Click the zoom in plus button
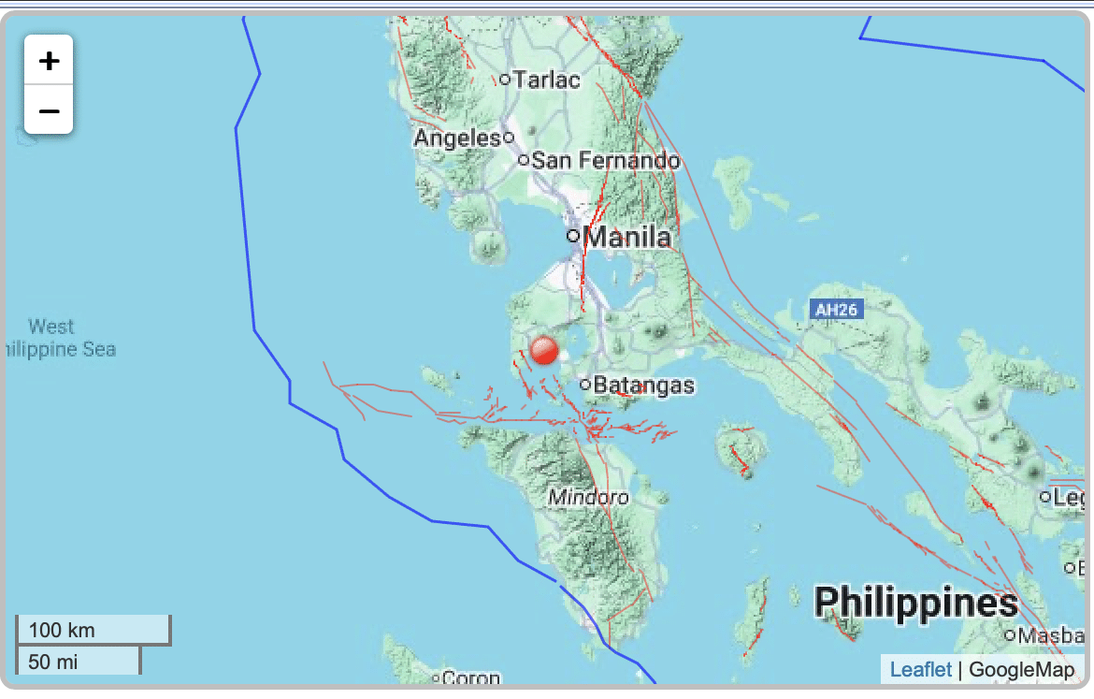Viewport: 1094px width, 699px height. tap(49, 61)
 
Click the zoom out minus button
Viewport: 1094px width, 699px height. tap(49, 110)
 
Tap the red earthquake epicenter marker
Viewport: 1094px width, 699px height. tap(543, 351)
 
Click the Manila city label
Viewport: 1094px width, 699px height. tap(626, 237)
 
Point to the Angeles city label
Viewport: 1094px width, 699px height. tap(457, 138)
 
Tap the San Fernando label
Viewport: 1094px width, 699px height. tap(605, 161)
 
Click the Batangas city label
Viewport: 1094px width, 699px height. tap(644, 385)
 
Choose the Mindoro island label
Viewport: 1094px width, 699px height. tap(588, 497)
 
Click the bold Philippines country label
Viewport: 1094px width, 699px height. tap(915, 604)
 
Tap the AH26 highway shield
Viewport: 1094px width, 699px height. tap(835, 310)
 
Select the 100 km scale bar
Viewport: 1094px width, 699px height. tap(93, 630)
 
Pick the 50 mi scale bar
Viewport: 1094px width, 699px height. tap(78, 662)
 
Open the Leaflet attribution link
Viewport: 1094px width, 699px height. tap(920, 669)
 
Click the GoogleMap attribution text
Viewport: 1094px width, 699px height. tap(1021, 669)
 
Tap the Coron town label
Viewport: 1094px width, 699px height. tap(471, 678)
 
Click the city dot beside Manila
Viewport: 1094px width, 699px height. tap(573, 236)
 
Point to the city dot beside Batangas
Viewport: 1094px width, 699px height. tap(585, 384)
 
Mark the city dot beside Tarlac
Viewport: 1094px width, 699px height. tap(505, 80)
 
